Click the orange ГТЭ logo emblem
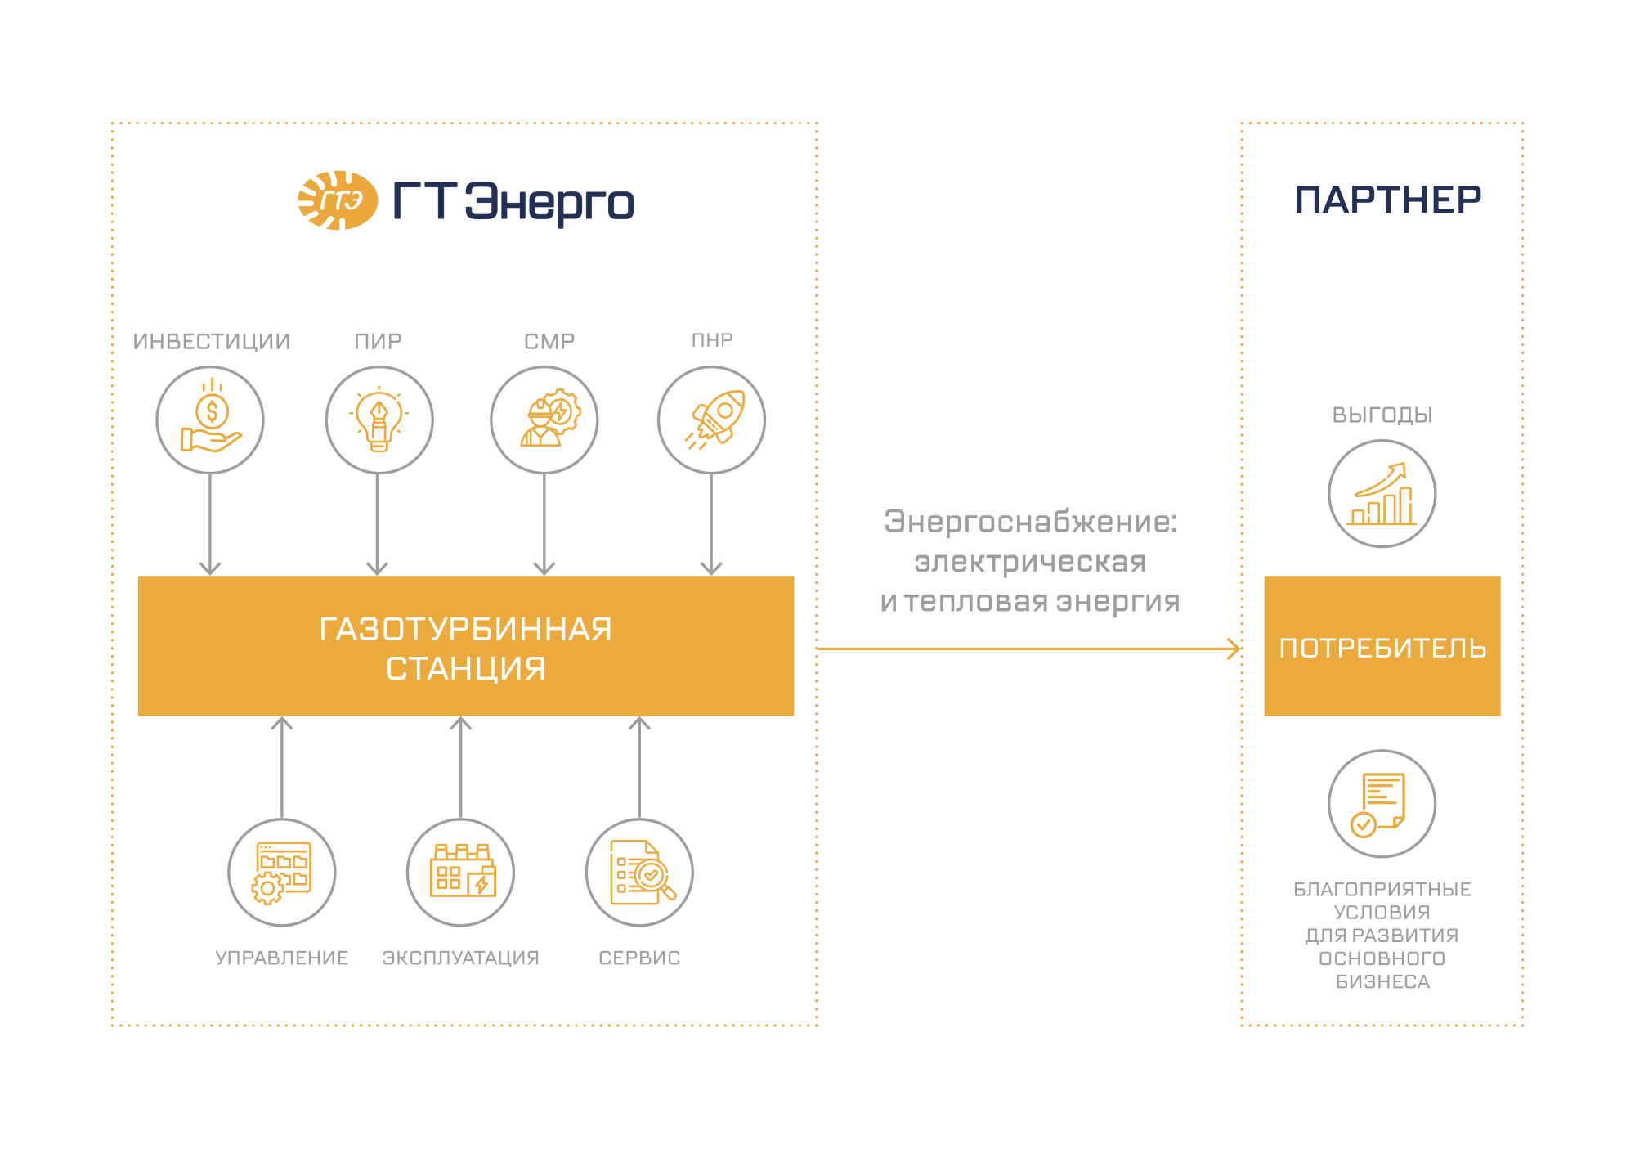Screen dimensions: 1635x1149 (338, 200)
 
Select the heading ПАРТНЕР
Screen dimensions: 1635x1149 (1387, 200)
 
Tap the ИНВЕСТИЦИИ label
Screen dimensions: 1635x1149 (212, 341)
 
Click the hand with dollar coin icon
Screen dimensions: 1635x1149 (211, 415)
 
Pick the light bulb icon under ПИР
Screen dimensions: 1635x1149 (379, 420)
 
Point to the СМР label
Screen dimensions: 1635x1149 (549, 341)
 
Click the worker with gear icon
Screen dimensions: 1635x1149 (549, 418)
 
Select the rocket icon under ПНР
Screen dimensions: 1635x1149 (715, 420)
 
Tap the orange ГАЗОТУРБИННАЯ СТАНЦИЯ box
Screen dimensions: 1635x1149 (466, 646)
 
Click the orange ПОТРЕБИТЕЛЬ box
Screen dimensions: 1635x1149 (1382, 646)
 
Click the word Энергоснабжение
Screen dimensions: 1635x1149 (1031, 522)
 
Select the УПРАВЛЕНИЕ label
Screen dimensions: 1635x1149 (282, 958)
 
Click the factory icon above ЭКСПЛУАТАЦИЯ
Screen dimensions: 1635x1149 (463, 871)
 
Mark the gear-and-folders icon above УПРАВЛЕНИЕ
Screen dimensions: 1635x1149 (281, 873)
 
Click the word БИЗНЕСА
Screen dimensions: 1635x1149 (1383, 981)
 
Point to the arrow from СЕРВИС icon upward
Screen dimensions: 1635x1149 (639, 768)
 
